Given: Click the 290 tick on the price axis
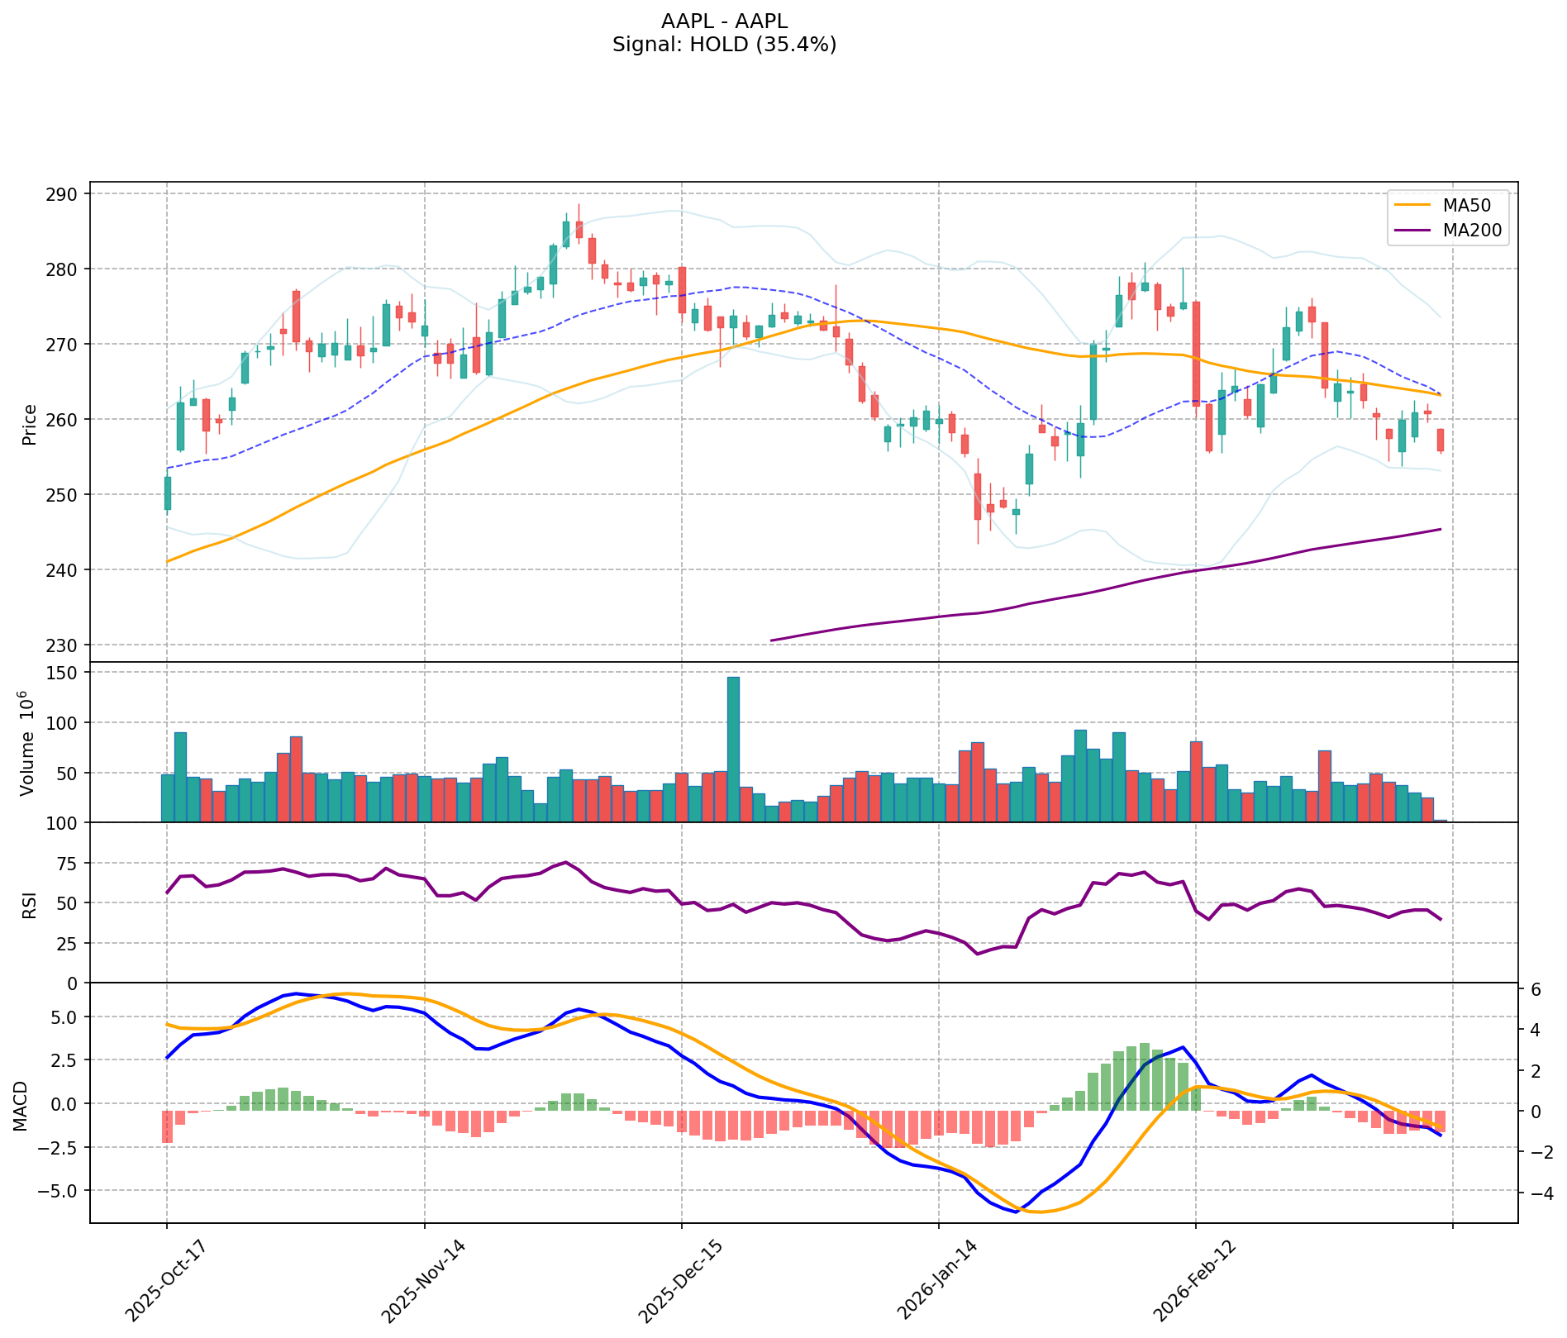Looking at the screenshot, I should point(67,194).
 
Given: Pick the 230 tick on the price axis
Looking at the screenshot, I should point(67,645).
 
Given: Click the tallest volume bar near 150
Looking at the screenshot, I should point(733,749).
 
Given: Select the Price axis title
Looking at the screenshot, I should point(30,425).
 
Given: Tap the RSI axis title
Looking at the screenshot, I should point(30,903).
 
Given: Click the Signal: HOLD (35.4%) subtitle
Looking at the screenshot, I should point(724,45).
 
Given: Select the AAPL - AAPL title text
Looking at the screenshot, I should point(724,21).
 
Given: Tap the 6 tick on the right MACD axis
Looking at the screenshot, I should point(1535,989).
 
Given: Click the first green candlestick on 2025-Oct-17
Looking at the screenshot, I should point(167,493).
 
